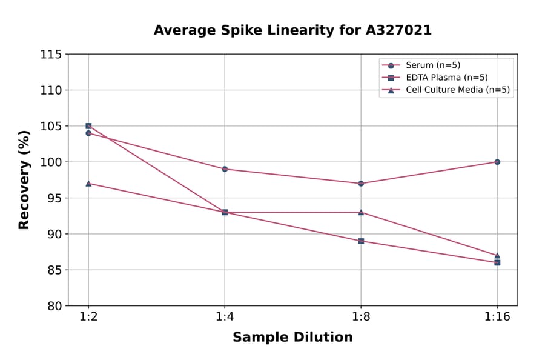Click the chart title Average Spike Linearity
coord(292,30)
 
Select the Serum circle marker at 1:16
coord(497,162)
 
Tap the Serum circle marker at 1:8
coord(361,183)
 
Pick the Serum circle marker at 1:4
coord(225,169)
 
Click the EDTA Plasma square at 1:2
coord(88,126)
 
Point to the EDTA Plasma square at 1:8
coord(361,241)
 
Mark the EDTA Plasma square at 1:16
coord(497,262)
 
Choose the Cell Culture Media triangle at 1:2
coord(88,183)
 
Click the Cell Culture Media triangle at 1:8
coord(361,212)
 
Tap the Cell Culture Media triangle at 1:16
coord(497,255)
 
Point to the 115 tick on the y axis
coord(51,55)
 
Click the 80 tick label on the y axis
coord(54,306)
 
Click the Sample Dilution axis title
coord(292,338)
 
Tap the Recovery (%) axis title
coord(24,180)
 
